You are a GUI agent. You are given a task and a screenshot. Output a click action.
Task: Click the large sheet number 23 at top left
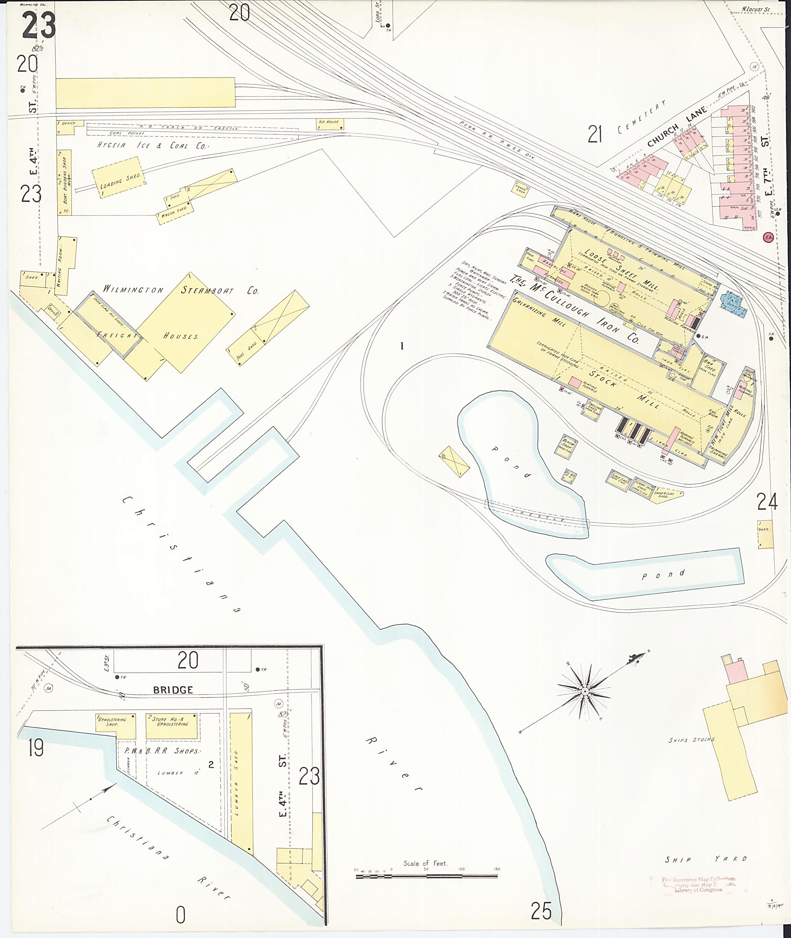pos(39,25)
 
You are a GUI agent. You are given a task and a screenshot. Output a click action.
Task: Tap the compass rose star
pos(584,692)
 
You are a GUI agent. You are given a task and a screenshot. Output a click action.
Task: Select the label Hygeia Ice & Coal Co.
pos(153,146)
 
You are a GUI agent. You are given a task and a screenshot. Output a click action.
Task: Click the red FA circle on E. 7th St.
pos(769,237)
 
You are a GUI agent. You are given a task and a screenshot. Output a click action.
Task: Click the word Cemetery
pos(641,117)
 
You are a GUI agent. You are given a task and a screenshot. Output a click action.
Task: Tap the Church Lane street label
pos(677,127)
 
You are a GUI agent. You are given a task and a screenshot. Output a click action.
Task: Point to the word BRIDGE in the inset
pos(173,690)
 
